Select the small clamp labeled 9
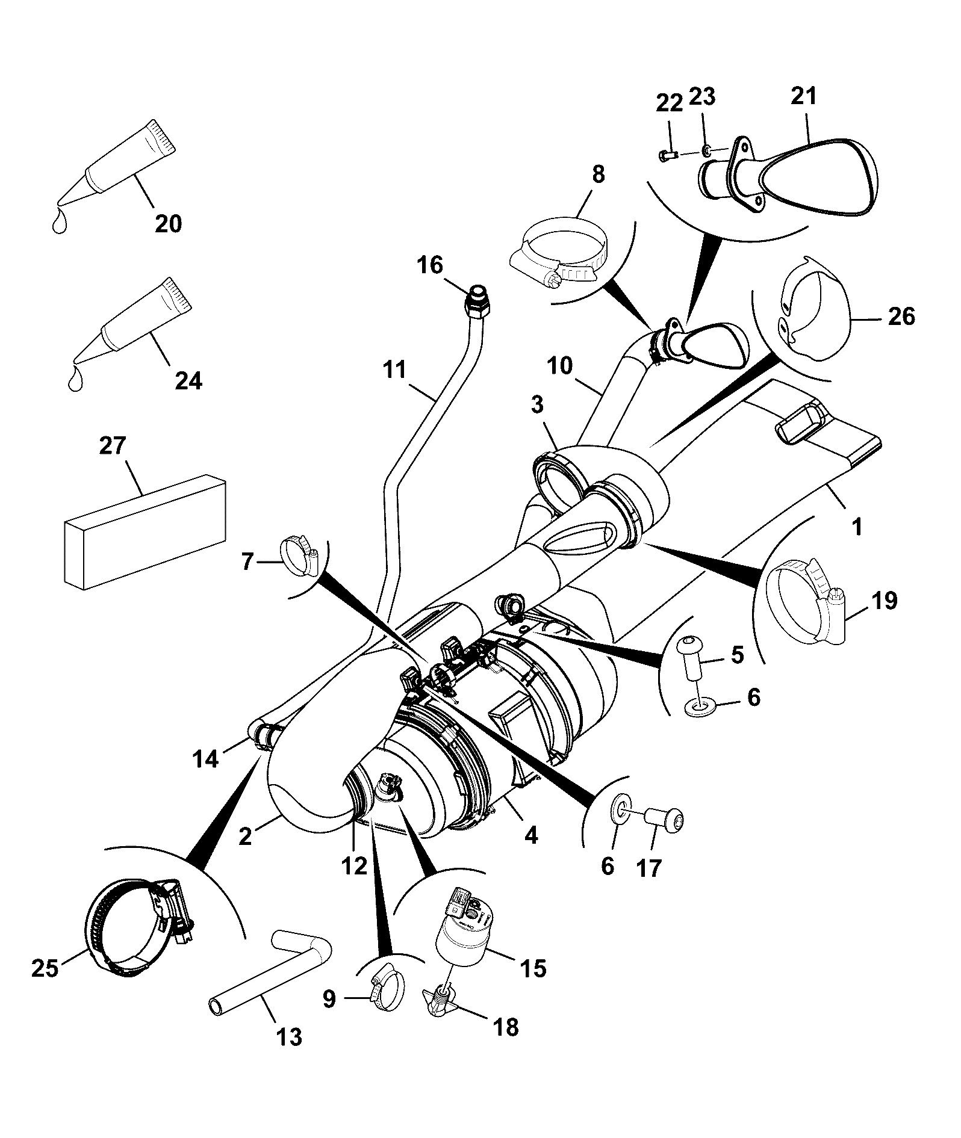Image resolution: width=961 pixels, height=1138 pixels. (x=386, y=986)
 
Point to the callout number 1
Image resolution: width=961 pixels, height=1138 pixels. (x=857, y=527)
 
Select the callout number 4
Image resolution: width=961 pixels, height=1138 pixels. (x=530, y=836)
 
